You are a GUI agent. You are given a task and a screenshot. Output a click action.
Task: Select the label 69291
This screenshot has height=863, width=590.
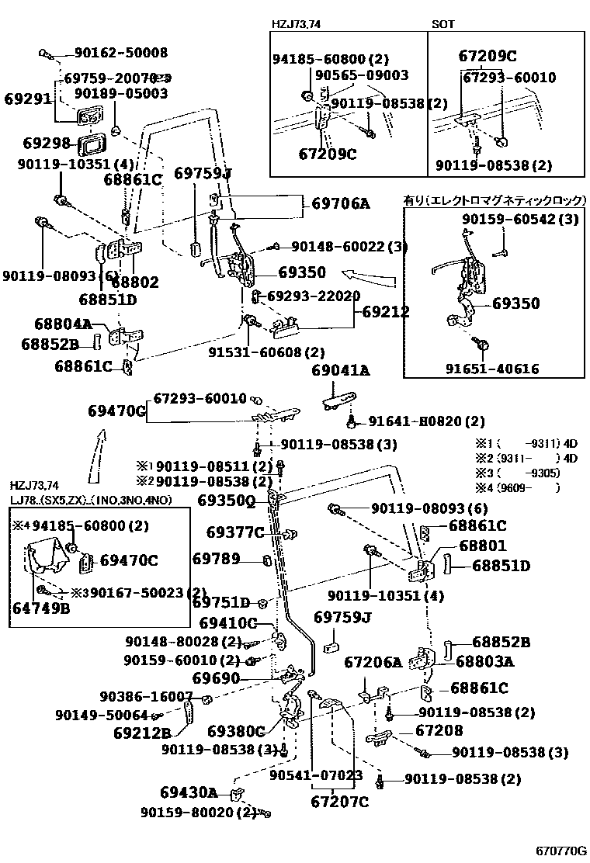pos(27,99)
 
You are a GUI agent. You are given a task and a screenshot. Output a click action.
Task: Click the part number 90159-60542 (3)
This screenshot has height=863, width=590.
pos(520,220)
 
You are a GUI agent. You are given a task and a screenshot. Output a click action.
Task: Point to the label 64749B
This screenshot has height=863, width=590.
pos(40,608)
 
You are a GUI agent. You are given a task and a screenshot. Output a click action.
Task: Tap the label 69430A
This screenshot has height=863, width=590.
pos(189,792)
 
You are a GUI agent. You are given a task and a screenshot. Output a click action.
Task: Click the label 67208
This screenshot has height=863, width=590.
pos(439,730)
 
